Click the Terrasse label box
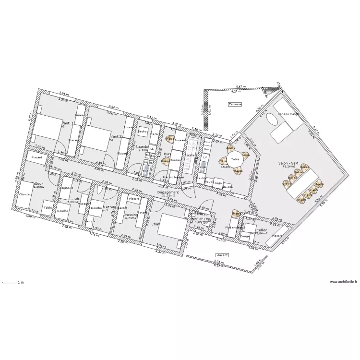point(235,104)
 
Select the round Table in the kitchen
point(235,159)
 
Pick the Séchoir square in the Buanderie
point(143,132)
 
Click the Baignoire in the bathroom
point(67,188)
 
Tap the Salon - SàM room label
point(288,164)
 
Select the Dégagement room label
point(168,192)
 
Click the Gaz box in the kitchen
point(207,149)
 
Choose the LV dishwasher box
point(205,157)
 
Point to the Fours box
point(208,142)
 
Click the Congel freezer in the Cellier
point(245,236)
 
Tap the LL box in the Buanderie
point(152,149)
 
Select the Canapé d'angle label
point(288,114)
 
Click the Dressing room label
point(131,215)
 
